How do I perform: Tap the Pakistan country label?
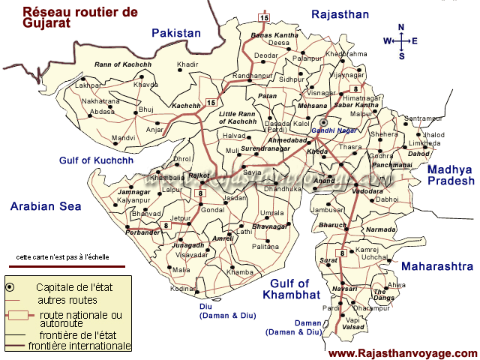coord(176,33)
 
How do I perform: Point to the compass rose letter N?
coord(401,28)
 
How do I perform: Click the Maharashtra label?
coord(437,266)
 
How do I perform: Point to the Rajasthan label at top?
coord(340,14)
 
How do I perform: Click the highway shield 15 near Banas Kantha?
coord(264,17)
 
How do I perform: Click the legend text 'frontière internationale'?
coord(79,346)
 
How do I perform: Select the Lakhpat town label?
coord(88,86)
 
